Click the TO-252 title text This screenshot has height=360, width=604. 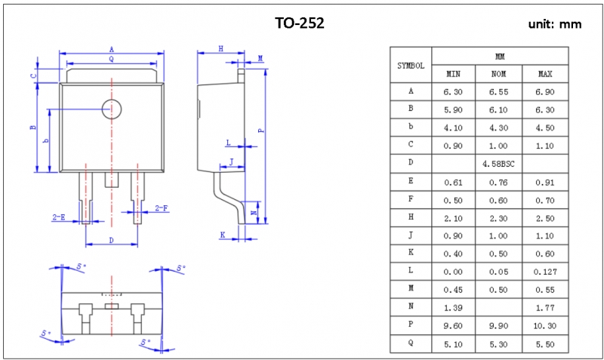coord(300,23)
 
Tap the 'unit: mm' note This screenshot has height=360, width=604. coord(555,24)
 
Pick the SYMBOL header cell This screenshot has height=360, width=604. coord(411,66)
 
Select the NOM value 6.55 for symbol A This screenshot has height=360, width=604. coord(498,91)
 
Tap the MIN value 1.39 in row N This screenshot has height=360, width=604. coord(453,308)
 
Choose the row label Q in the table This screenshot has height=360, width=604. coord(411,344)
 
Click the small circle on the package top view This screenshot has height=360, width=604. coord(112,109)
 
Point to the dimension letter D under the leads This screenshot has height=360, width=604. coord(111,240)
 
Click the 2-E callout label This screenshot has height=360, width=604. coord(58,217)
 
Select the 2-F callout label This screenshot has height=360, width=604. coord(161,208)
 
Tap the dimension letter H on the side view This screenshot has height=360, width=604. coord(220,48)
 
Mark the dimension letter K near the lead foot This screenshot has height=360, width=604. coord(223,235)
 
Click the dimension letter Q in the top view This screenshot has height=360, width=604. coord(111,58)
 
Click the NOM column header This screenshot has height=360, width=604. coord(498,74)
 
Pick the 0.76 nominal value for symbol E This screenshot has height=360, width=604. coord(498,182)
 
